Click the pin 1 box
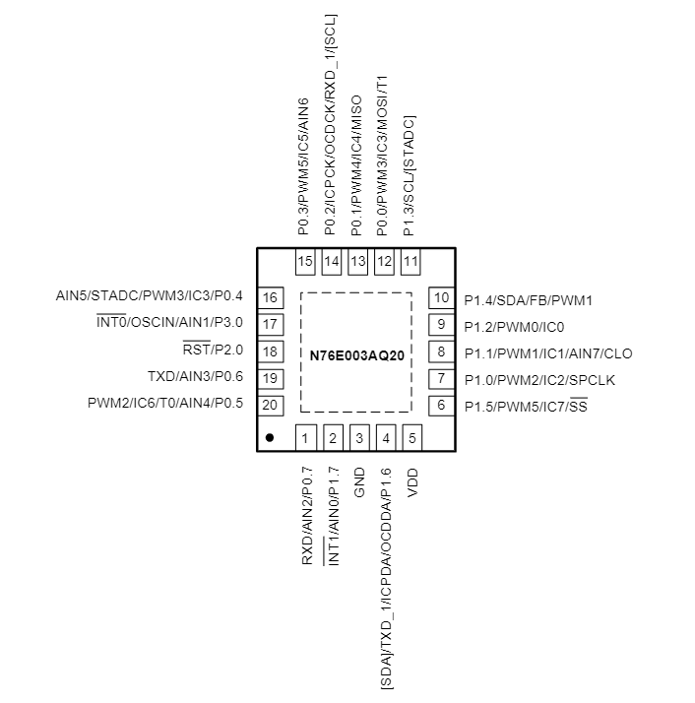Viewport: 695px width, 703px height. [306, 438]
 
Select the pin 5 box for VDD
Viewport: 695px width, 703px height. [411, 438]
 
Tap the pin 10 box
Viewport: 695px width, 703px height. [440, 298]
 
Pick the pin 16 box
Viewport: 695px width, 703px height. [270, 298]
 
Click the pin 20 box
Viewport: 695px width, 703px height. [270, 405]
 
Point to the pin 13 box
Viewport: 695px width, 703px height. [357, 262]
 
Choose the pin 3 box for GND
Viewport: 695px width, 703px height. [359, 438]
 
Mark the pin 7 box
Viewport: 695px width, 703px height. [440, 378]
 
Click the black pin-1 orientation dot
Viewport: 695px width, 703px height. [269, 436]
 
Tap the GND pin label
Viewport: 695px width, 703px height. [359, 480]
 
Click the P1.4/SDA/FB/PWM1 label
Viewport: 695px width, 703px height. [528, 299]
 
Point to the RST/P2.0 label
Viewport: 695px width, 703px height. [214, 351]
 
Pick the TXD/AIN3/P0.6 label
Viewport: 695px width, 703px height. [195, 378]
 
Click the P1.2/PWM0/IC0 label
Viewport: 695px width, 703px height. [514, 326]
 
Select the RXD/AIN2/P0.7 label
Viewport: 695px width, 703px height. [307, 515]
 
